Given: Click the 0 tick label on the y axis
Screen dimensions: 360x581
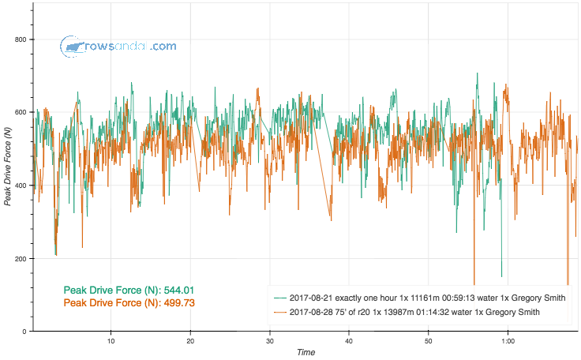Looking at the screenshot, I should tap(24, 332).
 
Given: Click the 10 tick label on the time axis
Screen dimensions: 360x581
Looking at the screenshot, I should tap(111, 341).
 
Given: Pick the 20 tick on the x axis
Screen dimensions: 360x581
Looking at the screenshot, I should tap(190, 341).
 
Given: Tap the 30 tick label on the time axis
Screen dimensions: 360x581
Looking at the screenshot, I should tap(270, 341).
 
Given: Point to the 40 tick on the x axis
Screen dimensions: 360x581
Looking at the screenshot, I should tap(349, 341).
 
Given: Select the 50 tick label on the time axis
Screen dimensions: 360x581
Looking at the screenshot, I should tap(429, 341).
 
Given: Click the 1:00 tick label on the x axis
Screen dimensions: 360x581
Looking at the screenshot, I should tap(508, 341).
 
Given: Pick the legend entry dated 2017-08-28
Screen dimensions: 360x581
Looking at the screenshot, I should tap(414, 313).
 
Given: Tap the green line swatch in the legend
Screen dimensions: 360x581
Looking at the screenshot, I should tap(279, 298).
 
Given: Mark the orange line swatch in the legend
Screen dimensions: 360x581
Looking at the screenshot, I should tap(279, 313).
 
